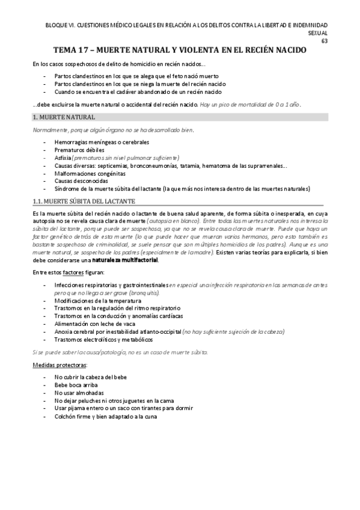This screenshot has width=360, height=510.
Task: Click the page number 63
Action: (x=325, y=41)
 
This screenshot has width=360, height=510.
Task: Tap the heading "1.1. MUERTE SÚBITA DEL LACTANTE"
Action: (x=84, y=200)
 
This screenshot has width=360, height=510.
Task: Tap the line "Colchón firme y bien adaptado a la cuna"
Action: (x=106, y=416)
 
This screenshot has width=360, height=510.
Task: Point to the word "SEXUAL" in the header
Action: (x=317, y=34)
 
